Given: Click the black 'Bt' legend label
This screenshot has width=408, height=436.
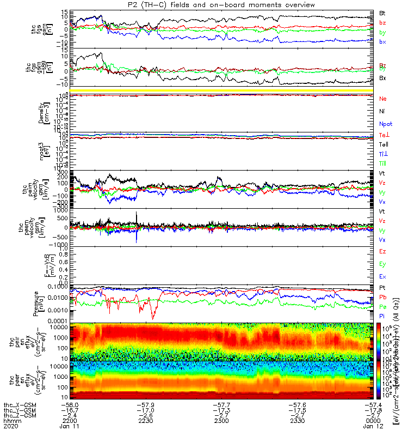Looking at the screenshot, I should pyautogui.click(x=382, y=13).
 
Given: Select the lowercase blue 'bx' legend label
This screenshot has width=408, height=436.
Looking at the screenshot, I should pyautogui.click(x=382, y=41).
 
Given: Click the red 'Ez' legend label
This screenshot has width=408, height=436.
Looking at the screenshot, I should pyautogui.click(x=382, y=251).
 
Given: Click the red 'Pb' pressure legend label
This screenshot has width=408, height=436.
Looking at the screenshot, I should pyautogui.click(x=382, y=297).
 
